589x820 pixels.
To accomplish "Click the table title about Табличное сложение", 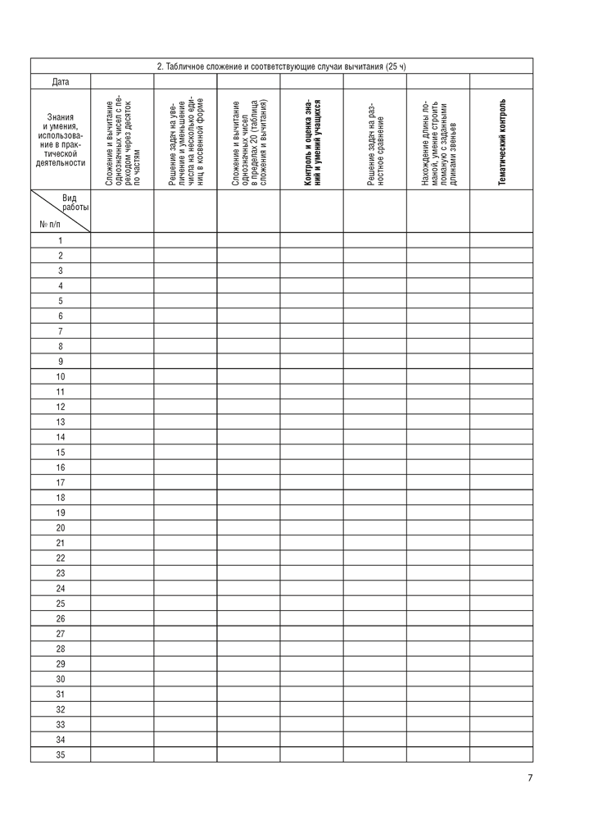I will (281, 66).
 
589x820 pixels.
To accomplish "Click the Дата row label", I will (61, 81).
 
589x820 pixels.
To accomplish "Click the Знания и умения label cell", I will (61, 139).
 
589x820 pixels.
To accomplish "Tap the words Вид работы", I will (75, 203).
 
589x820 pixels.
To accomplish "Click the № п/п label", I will (49, 223).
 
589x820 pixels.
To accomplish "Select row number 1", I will (61, 240).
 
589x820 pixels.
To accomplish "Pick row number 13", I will (61, 421).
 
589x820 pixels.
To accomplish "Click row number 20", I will (61, 527).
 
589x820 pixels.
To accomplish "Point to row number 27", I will (61, 634).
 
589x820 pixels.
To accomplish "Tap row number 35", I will (61, 754).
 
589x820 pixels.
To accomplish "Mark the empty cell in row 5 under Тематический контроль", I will (501, 301).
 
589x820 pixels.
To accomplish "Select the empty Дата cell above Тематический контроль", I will (501, 81).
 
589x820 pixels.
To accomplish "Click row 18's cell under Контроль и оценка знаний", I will (311, 498).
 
